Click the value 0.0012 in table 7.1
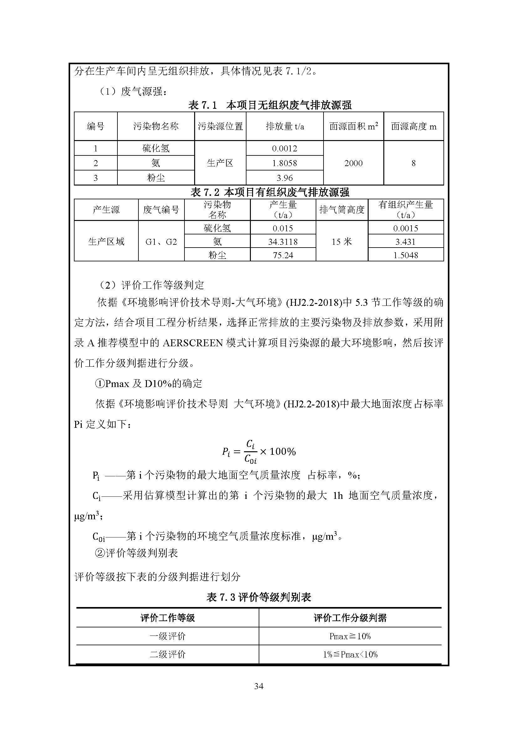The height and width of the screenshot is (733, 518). pos(284,149)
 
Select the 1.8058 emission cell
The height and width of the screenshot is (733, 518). pos(284,163)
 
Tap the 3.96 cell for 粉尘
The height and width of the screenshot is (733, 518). pos(284,178)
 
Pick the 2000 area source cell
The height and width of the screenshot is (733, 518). pos(353,163)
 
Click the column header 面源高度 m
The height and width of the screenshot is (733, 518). pos(413,127)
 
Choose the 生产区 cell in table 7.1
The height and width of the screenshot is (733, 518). pos(220,163)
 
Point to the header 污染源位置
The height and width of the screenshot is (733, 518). pos(220,127)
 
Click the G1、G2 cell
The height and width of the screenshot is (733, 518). pos(161,242)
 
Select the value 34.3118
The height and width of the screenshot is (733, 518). pos(283,242)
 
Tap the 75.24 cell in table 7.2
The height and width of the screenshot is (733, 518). pos(283,255)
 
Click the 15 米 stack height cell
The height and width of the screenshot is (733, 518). pos(342,242)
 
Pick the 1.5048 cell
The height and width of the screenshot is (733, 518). pos(405,255)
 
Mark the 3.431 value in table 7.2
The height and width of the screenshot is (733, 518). pos(405,242)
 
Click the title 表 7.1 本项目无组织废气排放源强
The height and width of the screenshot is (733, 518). pos(270,105)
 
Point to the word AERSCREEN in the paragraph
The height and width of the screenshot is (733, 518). pos(192,343)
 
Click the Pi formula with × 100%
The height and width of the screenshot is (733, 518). pos(259,451)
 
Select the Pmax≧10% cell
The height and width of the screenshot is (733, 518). pos(350,636)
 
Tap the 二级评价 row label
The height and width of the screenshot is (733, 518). pos(168,654)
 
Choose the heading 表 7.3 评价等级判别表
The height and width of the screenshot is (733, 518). pos(259,597)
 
